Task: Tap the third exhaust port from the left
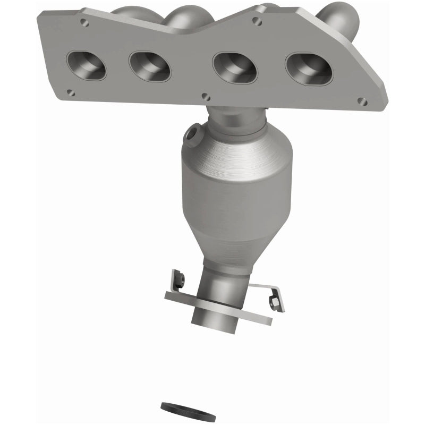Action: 234,69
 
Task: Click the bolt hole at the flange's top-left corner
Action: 83,23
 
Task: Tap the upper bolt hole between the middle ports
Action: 257,21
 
